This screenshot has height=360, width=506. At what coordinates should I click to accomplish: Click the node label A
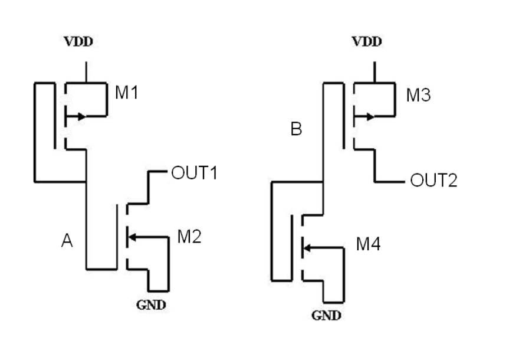[x=67, y=241]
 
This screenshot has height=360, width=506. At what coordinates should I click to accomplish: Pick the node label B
[x=296, y=130]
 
